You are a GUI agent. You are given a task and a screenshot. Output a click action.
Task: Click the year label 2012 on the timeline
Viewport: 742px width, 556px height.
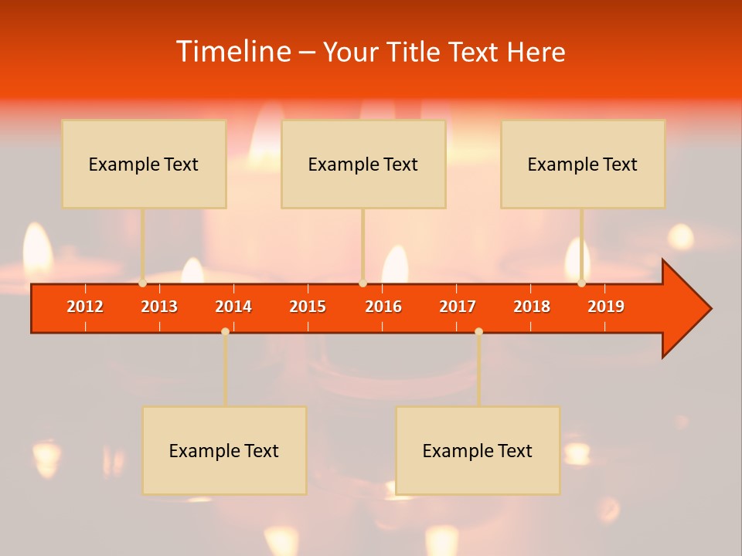pyautogui.click(x=85, y=307)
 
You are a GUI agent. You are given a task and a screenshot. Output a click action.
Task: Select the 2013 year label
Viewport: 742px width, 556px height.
pyautogui.click(x=159, y=307)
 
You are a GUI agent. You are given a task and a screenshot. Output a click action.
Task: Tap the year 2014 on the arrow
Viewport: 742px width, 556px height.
pyautogui.click(x=233, y=307)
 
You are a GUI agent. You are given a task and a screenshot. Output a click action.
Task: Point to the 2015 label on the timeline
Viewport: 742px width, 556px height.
pyautogui.click(x=308, y=307)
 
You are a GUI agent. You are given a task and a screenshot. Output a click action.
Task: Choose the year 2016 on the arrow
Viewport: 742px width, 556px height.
pyautogui.click(x=383, y=307)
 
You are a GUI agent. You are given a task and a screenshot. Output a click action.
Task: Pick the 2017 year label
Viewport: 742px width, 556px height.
pyautogui.click(x=458, y=307)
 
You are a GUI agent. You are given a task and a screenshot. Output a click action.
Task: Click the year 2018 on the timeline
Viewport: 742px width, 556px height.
pyautogui.click(x=532, y=307)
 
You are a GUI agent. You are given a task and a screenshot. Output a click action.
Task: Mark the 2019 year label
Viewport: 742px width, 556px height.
pyautogui.click(x=606, y=307)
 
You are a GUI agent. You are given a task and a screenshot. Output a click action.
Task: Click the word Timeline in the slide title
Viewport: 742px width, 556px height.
pyautogui.click(x=233, y=52)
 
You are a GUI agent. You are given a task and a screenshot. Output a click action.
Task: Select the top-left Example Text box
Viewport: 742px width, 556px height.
pyautogui.click(x=144, y=164)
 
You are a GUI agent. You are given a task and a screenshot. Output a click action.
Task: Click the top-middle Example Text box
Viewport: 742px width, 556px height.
pyautogui.click(x=363, y=164)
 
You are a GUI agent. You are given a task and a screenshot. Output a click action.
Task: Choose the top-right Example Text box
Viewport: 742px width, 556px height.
pyautogui.click(x=583, y=164)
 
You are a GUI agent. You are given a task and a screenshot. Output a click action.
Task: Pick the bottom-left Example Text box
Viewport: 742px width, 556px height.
pyautogui.click(x=224, y=450)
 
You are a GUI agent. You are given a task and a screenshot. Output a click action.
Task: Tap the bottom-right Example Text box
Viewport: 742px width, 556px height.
pyautogui.click(x=478, y=450)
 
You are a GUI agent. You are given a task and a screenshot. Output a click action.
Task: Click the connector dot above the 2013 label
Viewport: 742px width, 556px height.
pyautogui.click(x=143, y=283)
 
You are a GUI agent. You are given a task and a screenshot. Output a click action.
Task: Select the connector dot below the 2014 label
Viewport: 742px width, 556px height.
pyautogui.click(x=225, y=331)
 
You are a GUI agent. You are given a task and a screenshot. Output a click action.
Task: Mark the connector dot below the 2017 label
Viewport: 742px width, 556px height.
pyautogui.click(x=478, y=331)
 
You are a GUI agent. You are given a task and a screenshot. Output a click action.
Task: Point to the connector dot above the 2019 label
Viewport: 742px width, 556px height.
pyautogui.click(x=581, y=283)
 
